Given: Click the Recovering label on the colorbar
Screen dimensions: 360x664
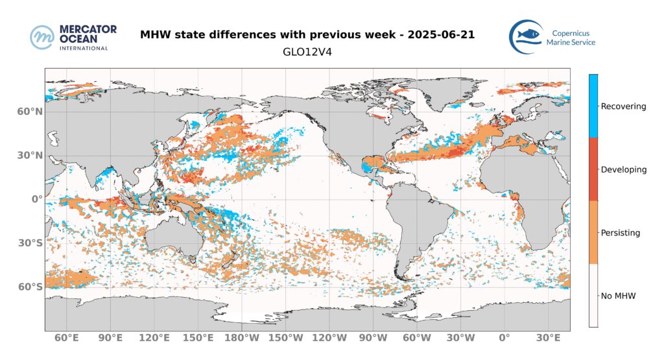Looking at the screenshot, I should pos(623,106).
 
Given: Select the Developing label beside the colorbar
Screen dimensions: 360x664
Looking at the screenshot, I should pos(624,169).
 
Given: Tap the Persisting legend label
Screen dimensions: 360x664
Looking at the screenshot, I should pos(621,232).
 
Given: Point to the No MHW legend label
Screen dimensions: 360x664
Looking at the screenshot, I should pos(618,295).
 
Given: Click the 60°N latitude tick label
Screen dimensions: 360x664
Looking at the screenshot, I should pos(30,112).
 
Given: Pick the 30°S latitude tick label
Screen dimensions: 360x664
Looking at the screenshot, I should pos(30,243).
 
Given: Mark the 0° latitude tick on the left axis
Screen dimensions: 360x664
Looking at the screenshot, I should pos(36,199).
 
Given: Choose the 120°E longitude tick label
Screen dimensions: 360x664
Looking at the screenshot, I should pos(154,338).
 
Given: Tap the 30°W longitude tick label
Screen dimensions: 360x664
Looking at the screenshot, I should pos(461,338).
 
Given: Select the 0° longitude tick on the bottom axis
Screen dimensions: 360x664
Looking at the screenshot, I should pos(504,338).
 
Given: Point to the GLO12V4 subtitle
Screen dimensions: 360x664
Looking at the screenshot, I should pos(307,51).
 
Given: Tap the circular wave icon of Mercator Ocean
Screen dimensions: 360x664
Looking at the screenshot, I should pos(41,37).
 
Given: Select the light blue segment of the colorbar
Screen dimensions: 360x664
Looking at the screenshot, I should pos(593,106).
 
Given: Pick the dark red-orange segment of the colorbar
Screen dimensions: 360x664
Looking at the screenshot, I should pos(593,169).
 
